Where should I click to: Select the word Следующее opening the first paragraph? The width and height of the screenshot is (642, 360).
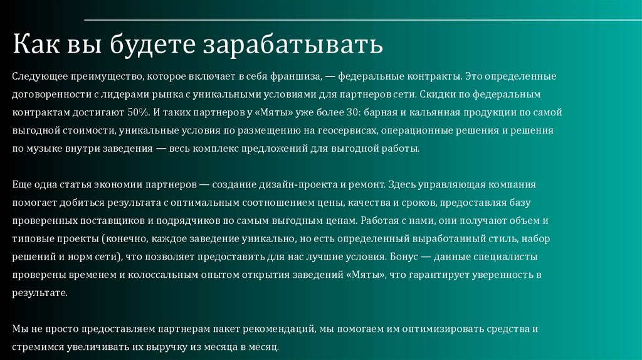point(38,77)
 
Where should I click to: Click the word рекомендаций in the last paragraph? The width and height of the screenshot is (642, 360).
point(280,329)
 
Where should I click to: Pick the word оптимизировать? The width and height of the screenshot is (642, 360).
point(446,329)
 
